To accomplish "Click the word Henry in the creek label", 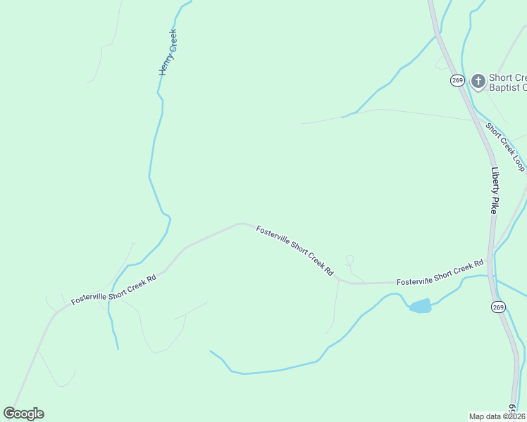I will (x=166, y=64).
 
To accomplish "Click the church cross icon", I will (x=478, y=82).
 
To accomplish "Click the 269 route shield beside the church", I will (x=457, y=81).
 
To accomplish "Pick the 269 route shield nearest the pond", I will (x=498, y=307).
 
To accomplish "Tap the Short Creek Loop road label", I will (x=505, y=146).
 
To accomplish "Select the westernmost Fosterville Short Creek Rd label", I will (x=113, y=289).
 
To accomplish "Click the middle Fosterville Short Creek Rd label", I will (x=294, y=250).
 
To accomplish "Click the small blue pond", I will (x=420, y=306).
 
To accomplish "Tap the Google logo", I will (x=23, y=414).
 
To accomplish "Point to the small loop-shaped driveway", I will (x=349, y=262).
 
